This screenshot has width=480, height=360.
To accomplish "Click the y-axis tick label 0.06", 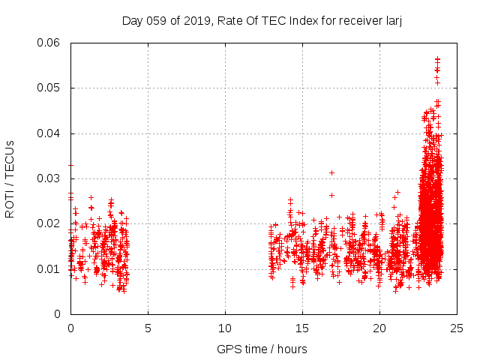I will (x=49, y=43).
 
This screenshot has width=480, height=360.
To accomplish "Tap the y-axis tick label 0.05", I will (x=49, y=88).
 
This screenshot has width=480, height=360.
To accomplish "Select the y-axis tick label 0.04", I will (x=49, y=133).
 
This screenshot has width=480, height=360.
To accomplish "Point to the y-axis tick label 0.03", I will (x=49, y=178).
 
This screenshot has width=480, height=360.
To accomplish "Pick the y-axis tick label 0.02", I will (x=49, y=223).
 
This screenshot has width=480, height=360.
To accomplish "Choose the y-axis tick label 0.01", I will (x=49, y=269).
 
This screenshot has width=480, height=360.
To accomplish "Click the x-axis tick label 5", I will (x=148, y=328).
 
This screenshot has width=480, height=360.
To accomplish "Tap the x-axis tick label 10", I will (x=225, y=328).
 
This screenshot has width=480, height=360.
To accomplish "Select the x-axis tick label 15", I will (x=302, y=328).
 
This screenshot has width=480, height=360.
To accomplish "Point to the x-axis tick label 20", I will (x=379, y=328).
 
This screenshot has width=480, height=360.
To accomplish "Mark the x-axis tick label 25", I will (x=457, y=328).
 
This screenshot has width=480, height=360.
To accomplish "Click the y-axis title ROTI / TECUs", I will (x=10, y=178).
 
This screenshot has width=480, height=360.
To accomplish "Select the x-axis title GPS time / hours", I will (x=262, y=349).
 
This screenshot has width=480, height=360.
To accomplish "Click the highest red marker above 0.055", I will (x=437, y=58).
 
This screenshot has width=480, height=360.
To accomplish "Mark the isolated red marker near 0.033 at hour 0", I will (x=70, y=165).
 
